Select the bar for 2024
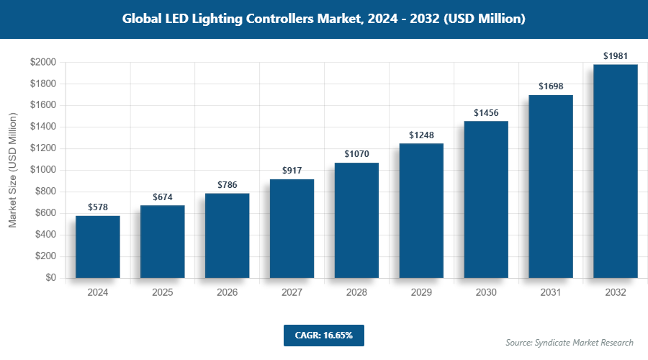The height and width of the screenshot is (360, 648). click(98, 246)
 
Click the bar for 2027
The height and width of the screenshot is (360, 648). click(292, 228)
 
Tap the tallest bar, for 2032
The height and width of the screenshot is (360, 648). click(616, 171)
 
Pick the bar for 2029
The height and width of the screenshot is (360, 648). click(422, 210)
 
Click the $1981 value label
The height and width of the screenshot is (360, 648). click(616, 55)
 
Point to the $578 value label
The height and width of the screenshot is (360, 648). click(98, 207)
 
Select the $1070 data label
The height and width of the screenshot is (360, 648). click(357, 153)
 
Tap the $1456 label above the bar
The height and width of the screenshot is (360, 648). click(486, 112)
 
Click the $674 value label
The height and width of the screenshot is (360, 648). click(163, 197)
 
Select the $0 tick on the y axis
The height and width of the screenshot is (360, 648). click(50, 278)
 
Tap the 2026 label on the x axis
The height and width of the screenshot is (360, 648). click(228, 293)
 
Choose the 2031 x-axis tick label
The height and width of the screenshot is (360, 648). click(551, 293)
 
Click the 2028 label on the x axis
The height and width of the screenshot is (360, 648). click(357, 293)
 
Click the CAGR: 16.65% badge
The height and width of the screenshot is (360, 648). click(323, 335)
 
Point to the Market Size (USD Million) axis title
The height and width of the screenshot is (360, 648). click(12, 170)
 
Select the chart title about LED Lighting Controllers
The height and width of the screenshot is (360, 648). click(323, 19)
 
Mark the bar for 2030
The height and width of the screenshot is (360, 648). click(486, 199)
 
